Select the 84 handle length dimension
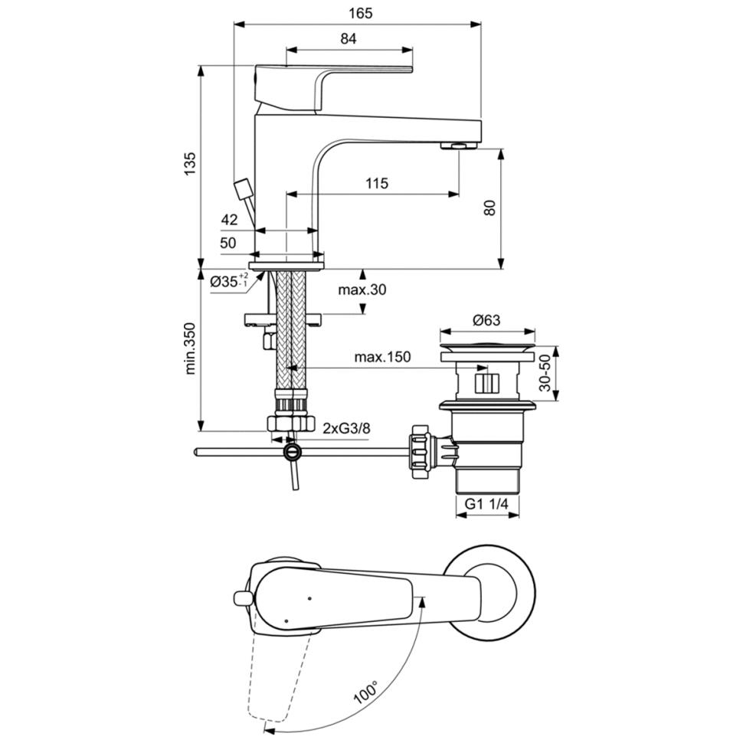[349, 40]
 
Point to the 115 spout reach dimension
[376, 183]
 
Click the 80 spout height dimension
[490, 207]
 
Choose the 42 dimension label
[229, 220]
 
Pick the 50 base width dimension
[228, 243]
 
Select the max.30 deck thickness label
[362, 290]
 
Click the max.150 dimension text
[382, 357]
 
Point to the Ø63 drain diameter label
[486, 320]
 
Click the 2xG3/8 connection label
[346, 427]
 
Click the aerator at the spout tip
[457, 146]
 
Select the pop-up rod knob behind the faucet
[243, 187]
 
